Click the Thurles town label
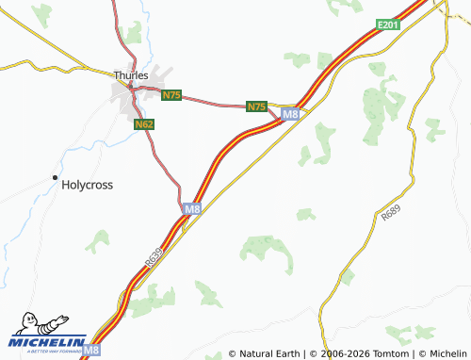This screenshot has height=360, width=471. [x=130, y=74]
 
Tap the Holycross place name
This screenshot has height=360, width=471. [x=87, y=185]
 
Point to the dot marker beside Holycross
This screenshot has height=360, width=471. [x=55, y=178]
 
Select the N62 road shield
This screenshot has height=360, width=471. [x=143, y=123]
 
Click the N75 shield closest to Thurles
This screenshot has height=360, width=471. [x=171, y=96]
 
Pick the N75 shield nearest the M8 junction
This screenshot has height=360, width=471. [x=256, y=106]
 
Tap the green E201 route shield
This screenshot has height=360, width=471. [x=387, y=25]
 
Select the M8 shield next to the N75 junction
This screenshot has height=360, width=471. [x=290, y=114]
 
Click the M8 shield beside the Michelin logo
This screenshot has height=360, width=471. [x=90, y=350]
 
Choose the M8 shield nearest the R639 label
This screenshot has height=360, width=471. [x=192, y=208]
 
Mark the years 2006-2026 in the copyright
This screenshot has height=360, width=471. [x=343, y=353]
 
